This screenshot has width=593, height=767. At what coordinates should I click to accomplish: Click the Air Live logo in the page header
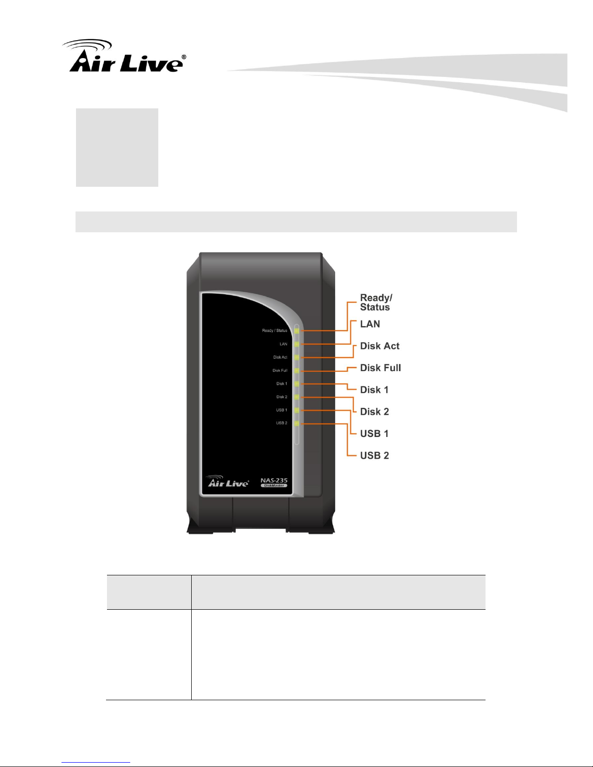pyautogui.click(x=124, y=57)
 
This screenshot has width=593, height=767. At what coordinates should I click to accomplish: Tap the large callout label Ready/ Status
pyautogui.click(x=376, y=302)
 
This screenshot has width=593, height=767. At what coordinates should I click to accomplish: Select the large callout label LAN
pyautogui.click(x=370, y=324)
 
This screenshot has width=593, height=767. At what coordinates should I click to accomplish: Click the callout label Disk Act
pyautogui.click(x=380, y=346)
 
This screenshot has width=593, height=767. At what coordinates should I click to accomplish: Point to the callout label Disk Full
pyautogui.click(x=380, y=368)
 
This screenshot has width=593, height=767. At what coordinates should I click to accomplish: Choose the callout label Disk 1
pyautogui.click(x=374, y=390)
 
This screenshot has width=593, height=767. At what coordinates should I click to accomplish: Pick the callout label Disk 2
pyautogui.click(x=374, y=411)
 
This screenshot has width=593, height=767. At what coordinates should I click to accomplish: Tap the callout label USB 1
pyautogui.click(x=374, y=434)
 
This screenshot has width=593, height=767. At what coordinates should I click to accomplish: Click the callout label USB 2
pyautogui.click(x=374, y=455)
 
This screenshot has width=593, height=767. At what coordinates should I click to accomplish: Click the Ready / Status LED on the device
pyautogui.click(x=297, y=331)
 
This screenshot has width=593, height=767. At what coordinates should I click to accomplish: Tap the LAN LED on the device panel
pyautogui.click(x=297, y=344)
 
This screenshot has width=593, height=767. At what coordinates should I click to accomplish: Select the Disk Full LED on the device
pyautogui.click(x=297, y=371)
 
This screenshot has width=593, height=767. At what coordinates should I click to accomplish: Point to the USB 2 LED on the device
pyautogui.click(x=297, y=423)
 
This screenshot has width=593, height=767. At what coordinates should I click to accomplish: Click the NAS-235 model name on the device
pyautogui.click(x=274, y=480)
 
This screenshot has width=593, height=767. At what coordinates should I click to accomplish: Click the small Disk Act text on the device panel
pyautogui.click(x=280, y=357)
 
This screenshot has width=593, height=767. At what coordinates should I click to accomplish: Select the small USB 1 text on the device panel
pyautogui.click(x=281, y=410)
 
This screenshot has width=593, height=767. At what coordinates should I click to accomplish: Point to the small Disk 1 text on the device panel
pyautogui.click(x=282, y=384)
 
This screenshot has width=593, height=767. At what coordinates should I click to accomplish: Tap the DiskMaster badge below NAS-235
pyautogui.click(x=274, y=486)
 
